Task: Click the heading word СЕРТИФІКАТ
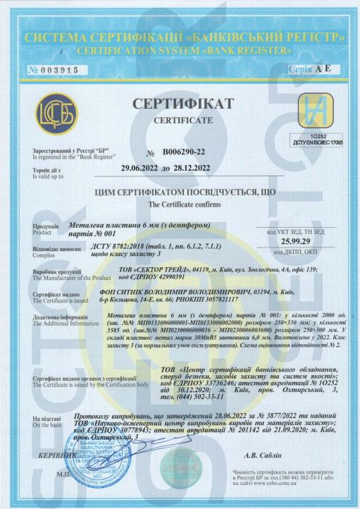coord(181,104)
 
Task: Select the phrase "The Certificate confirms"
coord(180,202)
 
